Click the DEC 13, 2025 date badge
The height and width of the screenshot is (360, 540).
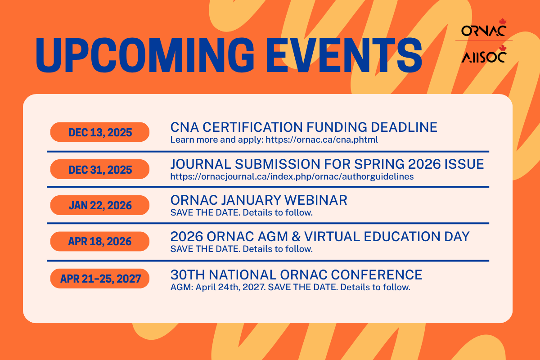coord(100,132)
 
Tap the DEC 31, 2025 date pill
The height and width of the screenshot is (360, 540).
coord(100,169)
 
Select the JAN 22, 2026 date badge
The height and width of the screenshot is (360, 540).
coord(100,205)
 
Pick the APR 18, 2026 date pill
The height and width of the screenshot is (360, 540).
coord(100,241)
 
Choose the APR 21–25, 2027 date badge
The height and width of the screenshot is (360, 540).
coord(100,279)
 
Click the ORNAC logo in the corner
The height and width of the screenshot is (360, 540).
coord(484,28)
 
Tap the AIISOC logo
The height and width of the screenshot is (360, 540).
coord(484,54)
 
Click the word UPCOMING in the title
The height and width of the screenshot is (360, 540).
coord(144,55)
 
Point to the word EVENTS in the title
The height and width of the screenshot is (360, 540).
coord(344,55)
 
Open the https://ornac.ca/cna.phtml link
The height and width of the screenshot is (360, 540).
coord(322,139)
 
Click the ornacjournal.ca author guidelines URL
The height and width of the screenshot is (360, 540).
coord(292,176)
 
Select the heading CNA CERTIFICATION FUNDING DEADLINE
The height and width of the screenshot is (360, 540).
coord(304,127)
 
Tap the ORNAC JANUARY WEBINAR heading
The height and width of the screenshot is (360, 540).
coord(259,200)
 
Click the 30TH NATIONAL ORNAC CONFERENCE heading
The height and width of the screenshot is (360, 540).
coord(296,274)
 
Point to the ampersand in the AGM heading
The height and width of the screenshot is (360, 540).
coord(296,237)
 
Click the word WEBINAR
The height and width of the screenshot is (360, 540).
coord(316,200)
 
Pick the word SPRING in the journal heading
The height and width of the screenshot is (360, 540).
coord(379,164)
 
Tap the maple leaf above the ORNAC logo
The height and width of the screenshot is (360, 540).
coord(503,22)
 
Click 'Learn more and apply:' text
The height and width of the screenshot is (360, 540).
coord(217,139)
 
